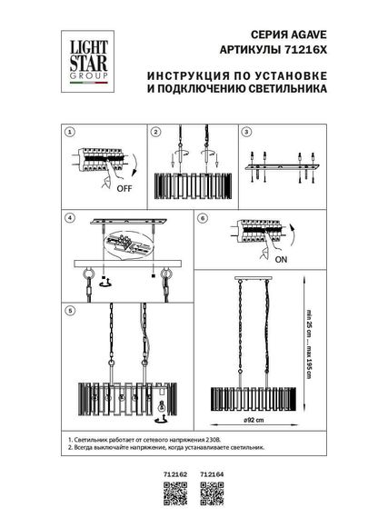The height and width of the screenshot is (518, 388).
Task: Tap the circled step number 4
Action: [x=71, y=219]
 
